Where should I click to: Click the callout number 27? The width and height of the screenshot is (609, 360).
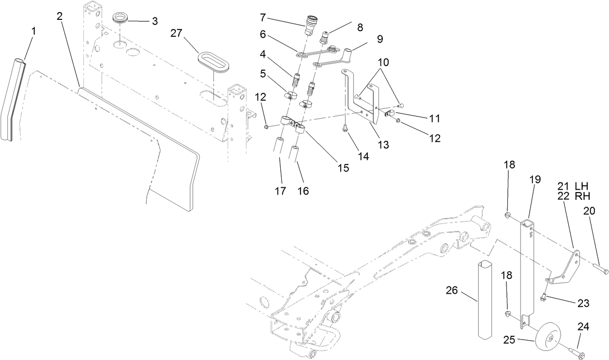(x=178, y=33)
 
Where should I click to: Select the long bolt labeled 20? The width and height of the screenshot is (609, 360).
(x=598, y=266)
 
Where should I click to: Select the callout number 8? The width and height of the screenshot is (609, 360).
(x=360, y=28)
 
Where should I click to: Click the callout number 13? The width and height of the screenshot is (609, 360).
(x=383, y=144)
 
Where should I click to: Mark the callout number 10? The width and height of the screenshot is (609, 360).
(x=382, y=62)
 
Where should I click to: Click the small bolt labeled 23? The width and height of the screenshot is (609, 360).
(x=544, y=296)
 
